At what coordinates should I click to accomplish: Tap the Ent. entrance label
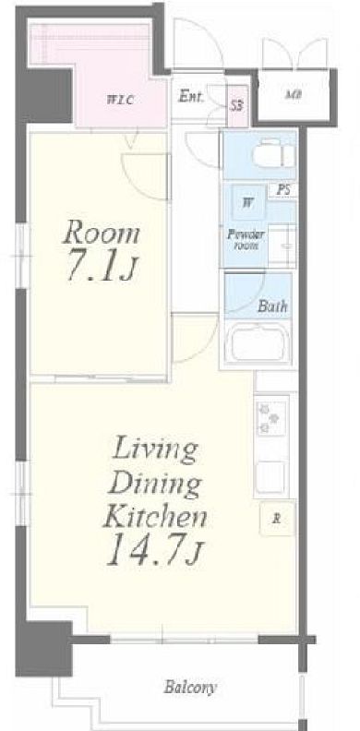[191, 98]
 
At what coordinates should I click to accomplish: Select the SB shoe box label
[237, 106]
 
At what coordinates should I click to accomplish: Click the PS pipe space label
[282, 190]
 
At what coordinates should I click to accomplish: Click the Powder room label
[246, 240]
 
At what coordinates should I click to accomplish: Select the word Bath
[272, 306]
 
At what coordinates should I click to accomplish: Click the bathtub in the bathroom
[258, 343]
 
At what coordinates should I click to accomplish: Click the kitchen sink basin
[271, 477]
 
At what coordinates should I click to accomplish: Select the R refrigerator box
[277, 519]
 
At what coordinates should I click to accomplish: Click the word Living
[156, 449]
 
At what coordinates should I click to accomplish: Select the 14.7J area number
[154, 551]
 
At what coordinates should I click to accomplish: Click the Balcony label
[190, 688]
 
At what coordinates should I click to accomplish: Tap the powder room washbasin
[283, 240]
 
